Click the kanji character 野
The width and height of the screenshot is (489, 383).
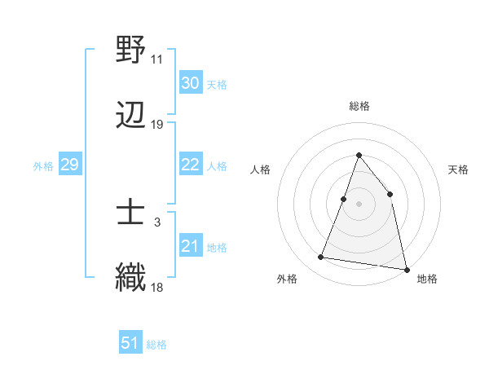pyautogui.click(x=131, y=50)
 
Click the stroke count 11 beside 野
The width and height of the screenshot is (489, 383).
pyautogui.click(x=156, y=59)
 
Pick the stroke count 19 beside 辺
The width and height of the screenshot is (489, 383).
pyautogui.click(x=156, y=125)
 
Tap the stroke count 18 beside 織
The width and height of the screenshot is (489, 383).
pyautogui.click(x=156, y=288)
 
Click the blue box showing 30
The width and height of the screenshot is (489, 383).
pyautogui.click(x=190, y=83)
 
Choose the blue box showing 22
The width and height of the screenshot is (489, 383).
pyautogui.click(x=190, y=165)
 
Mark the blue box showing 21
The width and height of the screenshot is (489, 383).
pyautogui.click(x=190, y=246)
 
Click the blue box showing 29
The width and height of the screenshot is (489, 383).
pyautogui.click(x=69, y=165)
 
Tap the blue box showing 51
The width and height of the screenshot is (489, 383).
pyautogui.click(x=130, y=343)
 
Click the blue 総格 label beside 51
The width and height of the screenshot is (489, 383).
pyautogui.click(x=156, y=345)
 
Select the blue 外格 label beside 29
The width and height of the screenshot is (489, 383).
pyautogui.click(x=43, y=166)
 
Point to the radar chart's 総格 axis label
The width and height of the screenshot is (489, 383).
pyautogui.click(x=359, y=106)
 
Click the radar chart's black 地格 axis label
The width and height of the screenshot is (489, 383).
pyautogui.click(x=427, y=279)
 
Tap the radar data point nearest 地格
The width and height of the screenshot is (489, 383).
pyautogui.click(x=405, y=269)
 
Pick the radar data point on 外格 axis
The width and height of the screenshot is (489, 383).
pyautogui.click(x=321, y=258)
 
